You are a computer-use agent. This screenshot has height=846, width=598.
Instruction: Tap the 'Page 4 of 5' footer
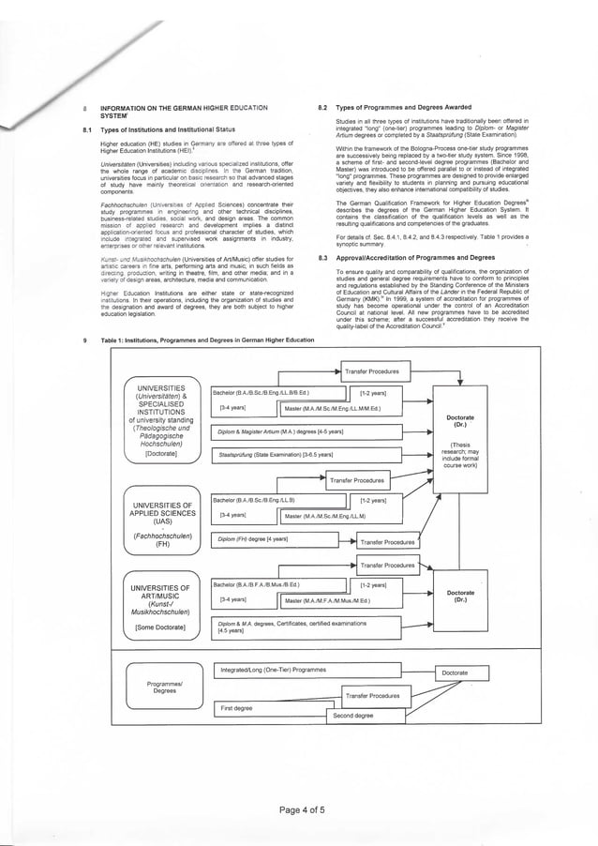point(299,809)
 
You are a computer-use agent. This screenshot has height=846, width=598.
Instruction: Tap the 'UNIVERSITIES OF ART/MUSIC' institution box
point(162,609)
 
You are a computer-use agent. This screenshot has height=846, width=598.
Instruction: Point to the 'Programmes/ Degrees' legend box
point(164,689)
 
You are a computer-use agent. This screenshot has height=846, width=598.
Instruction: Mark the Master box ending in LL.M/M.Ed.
point(347,410)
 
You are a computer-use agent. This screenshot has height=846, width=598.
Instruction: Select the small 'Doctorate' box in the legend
point(456,672)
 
